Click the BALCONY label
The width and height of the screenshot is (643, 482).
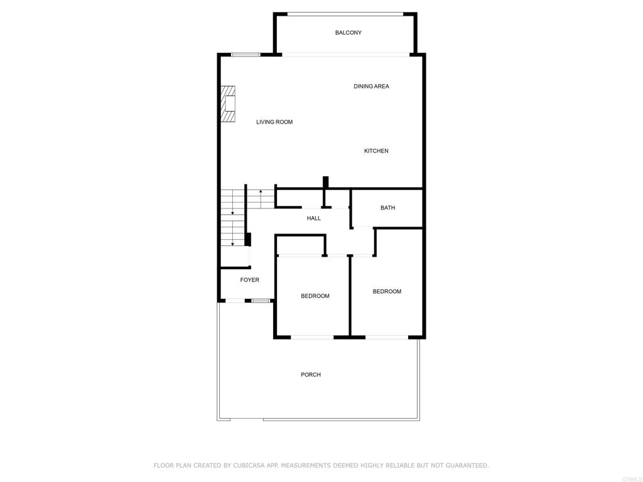click(348, 33)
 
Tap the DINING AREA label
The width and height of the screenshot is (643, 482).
click(371, 86)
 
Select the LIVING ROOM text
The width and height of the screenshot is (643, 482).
click(274, 122)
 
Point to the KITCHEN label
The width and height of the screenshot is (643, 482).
click(376, 151)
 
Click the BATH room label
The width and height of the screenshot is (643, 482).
click(387, 208)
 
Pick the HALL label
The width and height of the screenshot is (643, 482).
click(314, 218)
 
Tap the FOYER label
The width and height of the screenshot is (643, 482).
click(249, 280)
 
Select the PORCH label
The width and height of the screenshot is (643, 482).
click(310, 375)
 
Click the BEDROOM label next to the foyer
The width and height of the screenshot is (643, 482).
click(315, 296)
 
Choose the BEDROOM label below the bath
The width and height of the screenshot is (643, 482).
click(387, 291)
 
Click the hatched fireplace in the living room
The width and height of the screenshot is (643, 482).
click(228, 104)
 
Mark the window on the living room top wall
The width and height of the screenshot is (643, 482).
click(246, 55)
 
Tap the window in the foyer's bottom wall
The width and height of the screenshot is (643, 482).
click(261, 301)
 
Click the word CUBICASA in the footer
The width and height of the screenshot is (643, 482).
click(247, 465)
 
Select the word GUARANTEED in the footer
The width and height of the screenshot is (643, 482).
click(467, 465)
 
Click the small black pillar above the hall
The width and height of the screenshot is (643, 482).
click(326, 183)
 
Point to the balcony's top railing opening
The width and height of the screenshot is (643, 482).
click(345, 14)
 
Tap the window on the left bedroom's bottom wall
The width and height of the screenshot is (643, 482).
click(312, 337)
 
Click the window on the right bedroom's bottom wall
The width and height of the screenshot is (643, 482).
click(387, 337)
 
